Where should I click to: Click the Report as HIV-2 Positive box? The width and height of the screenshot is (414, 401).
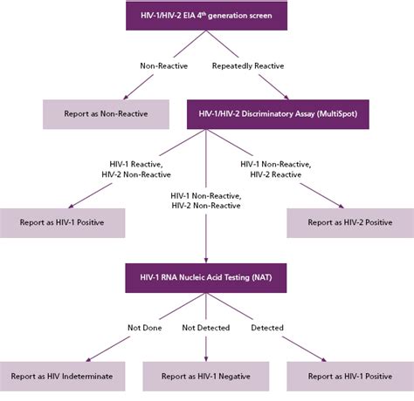click(x=349, y=222)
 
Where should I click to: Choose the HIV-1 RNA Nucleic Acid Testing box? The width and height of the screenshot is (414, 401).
click(x=206, y=277)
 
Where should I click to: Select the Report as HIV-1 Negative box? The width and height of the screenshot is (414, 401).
click(x=206, y=377)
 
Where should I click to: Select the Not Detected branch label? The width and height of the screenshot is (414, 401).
click(x=207, y=328)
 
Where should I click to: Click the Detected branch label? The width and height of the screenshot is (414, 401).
click(x=266, y=328)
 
